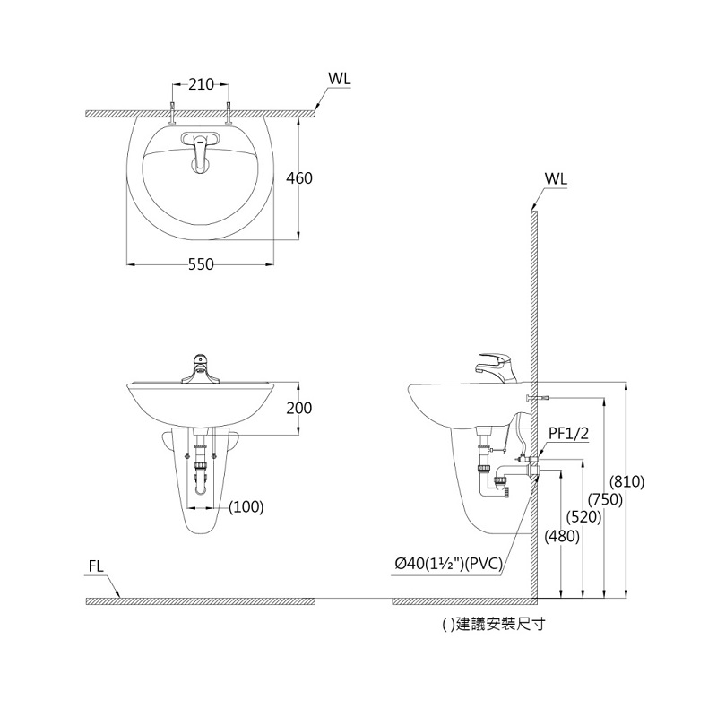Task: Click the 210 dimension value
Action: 201,85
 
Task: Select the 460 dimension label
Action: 298,178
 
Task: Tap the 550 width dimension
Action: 201,265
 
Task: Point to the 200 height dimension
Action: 298,408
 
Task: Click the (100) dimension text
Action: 246,506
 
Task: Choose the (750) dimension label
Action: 605,499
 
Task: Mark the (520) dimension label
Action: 583,517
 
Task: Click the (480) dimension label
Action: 562,536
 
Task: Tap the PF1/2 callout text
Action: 567,434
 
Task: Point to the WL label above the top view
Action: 339,78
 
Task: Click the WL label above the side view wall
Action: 556,178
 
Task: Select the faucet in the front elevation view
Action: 201,368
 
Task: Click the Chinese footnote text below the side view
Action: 495,626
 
